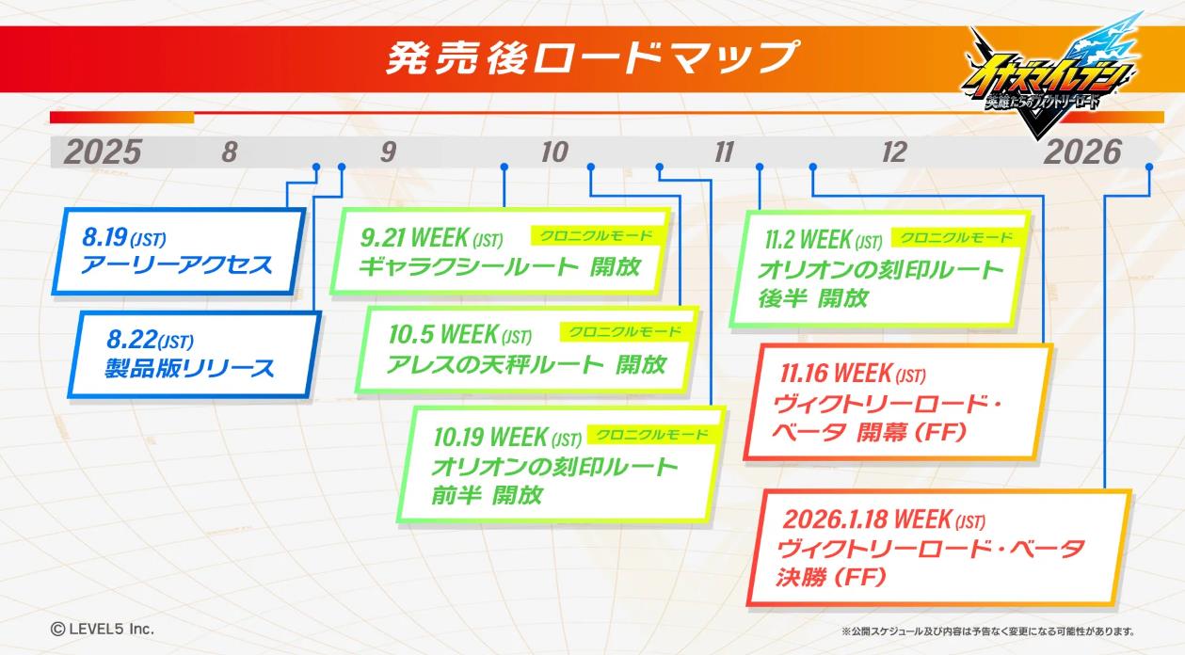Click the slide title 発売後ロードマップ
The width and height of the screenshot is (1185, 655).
click(x=591, y=57)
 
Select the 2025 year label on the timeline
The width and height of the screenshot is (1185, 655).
click(x=103, y=152)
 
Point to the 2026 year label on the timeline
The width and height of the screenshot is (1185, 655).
click(x=1082, y=152)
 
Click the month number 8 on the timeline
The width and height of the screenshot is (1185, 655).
click(x=229, y=152)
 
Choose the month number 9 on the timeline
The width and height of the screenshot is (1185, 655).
click(x=388, y=152)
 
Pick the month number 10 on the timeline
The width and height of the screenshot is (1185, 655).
click(x=554, y=152)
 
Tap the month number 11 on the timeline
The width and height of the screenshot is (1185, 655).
click(x=724, y=152)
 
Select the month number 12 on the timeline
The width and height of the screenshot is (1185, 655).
click(x=894, y=152)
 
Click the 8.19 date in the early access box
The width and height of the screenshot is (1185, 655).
click(x=104, y=237)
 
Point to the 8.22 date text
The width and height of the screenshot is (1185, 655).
click(x=132, y=340)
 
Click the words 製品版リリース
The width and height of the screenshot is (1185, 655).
click(x=189, y=369)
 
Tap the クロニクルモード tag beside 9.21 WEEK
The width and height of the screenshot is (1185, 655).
click(x=596, y=236)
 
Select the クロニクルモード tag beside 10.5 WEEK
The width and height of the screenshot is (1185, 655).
click(x=625, y=332)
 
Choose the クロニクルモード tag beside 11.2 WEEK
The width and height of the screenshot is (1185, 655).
click(x=956, y=238)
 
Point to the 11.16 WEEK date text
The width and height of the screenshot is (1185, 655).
click(x=836, y=374)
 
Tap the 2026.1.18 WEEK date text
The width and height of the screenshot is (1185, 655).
click(x=867, y=519)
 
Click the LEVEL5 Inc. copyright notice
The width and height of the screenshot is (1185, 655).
click(x=103, y=629)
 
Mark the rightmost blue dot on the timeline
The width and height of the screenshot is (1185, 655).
click(x=1149, y=168)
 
